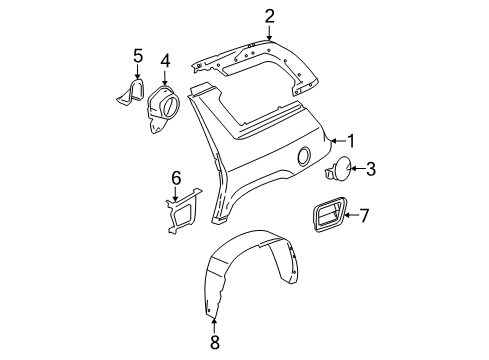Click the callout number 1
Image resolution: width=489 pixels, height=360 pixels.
click(351, 141)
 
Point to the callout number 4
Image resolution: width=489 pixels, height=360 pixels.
click(165, 64)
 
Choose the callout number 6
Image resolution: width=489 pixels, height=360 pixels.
click(176, 178)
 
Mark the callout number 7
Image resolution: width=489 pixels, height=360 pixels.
click(364, 214)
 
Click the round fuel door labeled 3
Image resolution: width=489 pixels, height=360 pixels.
click(337, 171)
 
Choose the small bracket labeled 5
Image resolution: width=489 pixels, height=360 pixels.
click(130, 91)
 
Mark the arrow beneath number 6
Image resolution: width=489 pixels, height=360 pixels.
click(176, 194)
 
